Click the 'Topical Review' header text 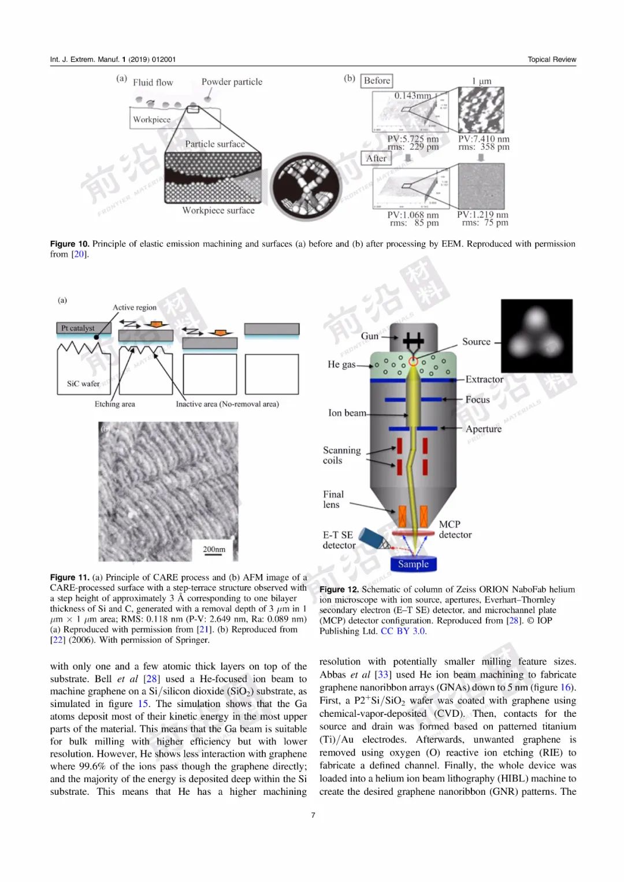click(551, 59)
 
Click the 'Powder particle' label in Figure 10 click(232, 82)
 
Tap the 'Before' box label click(377, 81)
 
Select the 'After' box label click(376, 158)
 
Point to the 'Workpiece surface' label click(218, 211)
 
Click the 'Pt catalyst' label click(78, 328)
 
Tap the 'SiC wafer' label click(83, 384)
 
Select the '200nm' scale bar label click(214, 549)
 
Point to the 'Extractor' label click(484, 379)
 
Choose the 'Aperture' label click(484, 429)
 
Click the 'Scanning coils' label click(341, 455)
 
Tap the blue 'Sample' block click(413, 564)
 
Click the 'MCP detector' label click(455, 530)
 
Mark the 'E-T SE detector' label click(339, 540)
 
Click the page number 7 click(313, 815)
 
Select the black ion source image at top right click(536, 336)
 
